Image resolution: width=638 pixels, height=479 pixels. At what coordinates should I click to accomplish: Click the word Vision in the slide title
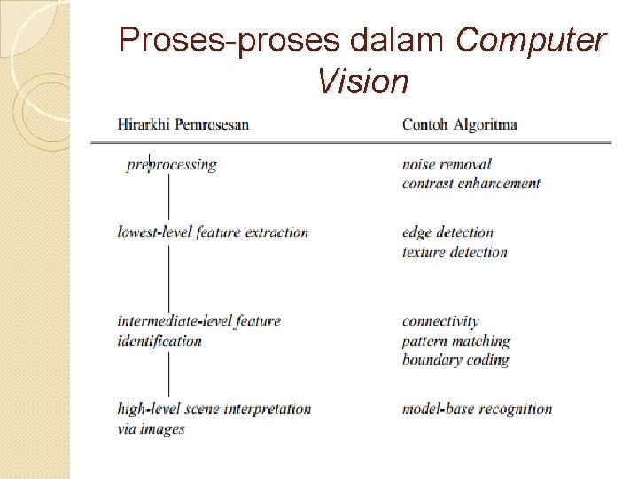[x=362, y=82]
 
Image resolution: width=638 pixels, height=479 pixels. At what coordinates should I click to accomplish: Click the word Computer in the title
[x=531, y=40]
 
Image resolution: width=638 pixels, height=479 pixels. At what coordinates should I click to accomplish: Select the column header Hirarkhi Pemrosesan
[x=183, y=124]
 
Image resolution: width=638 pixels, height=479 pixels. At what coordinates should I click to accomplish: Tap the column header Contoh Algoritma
[x=459, y=124]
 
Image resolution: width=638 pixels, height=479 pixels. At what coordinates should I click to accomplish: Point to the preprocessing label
[x=172, y=164]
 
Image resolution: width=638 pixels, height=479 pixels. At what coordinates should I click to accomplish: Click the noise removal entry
[x=447, y=164]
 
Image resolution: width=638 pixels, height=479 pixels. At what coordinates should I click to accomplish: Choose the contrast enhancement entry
[x=471, y=184]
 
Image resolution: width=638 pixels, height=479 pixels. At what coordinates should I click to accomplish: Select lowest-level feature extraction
[x=213, y=232]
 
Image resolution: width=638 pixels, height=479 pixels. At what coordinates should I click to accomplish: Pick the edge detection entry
[x=447, y=232]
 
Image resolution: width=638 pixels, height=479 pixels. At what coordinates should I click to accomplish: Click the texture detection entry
[x=455, y=252]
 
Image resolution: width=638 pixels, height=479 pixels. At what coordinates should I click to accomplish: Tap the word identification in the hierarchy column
[x=159, y=341]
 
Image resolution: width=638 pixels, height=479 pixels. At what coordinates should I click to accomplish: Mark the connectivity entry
[x=440, y=321]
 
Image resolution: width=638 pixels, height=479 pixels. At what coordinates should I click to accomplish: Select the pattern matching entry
[x=456, y=341]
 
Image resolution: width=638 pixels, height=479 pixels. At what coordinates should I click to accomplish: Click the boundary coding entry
[x=455, y=360]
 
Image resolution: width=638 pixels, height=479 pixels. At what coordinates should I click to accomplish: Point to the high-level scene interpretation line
[x=214, y=409]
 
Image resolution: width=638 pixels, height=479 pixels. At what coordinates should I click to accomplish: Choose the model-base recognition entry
[x=477, y=409]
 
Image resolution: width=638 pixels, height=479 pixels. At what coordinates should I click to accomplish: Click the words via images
[x=152, y=428]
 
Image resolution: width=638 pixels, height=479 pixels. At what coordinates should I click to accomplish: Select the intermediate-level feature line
[x=199, y=321]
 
